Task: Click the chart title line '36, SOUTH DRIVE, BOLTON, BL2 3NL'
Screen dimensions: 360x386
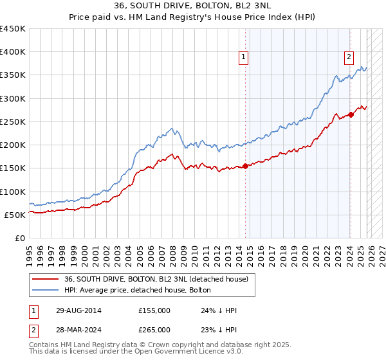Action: coord(193,6)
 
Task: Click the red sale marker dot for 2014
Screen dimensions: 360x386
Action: coord(245,166)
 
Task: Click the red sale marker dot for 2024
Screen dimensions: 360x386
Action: coord(351,115)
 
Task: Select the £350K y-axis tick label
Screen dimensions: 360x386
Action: coord(13,75)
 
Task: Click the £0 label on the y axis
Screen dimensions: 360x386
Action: coord(19,239)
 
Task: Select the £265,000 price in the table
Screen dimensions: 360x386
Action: coord(154,329)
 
